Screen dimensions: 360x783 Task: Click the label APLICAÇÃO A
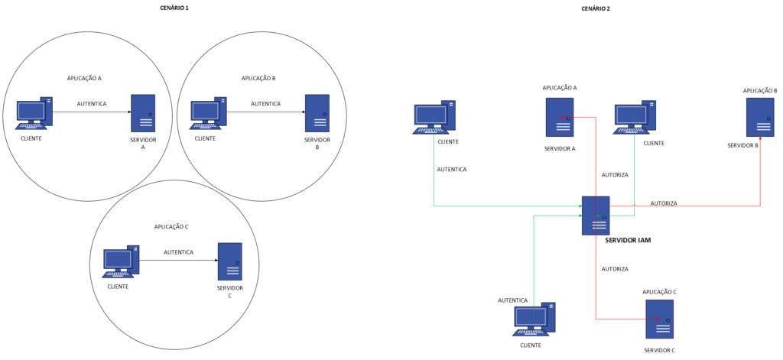click(x=84, y=79)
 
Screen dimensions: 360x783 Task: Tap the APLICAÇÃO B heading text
click(x=258, y=79)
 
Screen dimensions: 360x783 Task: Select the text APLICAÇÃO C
click(x=171, y=227)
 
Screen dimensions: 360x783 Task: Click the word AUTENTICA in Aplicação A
click(x=92, y=104)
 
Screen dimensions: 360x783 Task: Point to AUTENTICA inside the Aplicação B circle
click(x=266, y=104)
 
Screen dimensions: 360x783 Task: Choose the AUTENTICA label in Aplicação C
click(x=178, y=252)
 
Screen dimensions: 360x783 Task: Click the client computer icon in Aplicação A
click(x=34, y=113)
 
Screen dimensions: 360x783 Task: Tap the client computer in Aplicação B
click(x=208, y=113)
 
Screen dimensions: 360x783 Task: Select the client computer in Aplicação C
click(x=121, y=261)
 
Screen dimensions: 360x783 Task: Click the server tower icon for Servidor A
click(x=143, y=113)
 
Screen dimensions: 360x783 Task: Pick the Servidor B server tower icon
click(x=317, y=113)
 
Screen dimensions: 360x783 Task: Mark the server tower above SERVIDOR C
click(x=229, y=261)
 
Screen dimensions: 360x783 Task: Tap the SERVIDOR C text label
click(x=229, y=292)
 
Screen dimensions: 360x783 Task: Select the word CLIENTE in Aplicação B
click(x=205, y=138)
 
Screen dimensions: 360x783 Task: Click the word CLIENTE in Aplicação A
click(x=31, y=138)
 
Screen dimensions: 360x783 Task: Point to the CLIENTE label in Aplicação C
click(x=118, y=287)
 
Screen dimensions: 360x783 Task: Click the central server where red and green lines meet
click(x=596, y=216)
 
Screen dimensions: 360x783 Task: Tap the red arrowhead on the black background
click(x=760, y=141)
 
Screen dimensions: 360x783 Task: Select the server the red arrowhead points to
click(x=760, y=117)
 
